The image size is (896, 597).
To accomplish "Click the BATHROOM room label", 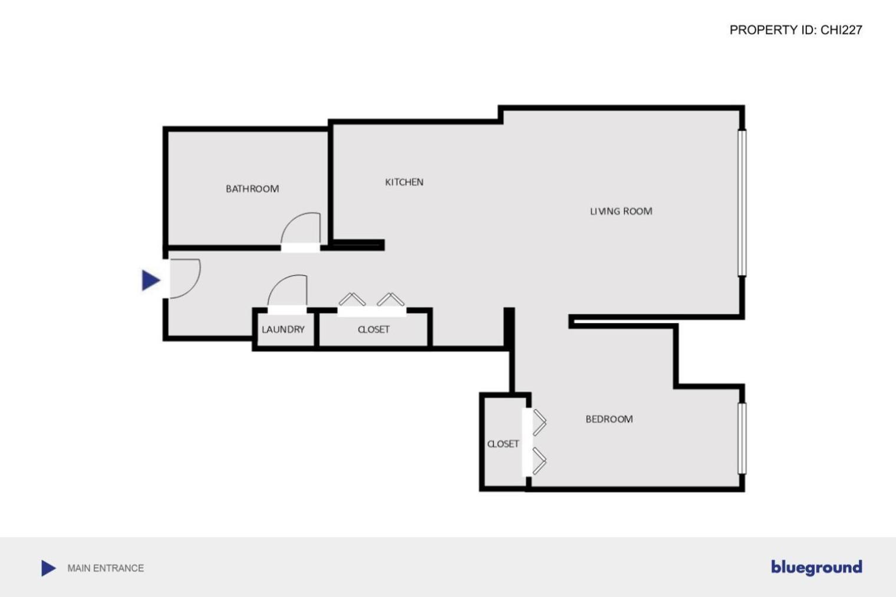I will click(x=252, y=189).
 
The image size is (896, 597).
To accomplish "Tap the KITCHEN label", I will click(x=404, y=182).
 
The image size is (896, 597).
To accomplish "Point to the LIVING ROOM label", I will click(x=621, y=211).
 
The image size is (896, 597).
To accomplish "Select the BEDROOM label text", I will click(x=609, y=419).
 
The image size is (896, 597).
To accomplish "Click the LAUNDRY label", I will click(x=283, y=329).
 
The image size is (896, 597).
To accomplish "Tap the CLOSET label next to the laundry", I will click(x=373, y=329).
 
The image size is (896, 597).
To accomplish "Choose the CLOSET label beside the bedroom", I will click(x=503, y=444).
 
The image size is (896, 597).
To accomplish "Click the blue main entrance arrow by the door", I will click(x=150, y=280).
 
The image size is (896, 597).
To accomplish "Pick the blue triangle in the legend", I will click(x=48, y=568).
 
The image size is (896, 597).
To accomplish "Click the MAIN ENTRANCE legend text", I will click(x=106, y=568).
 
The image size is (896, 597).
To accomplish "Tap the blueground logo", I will click(x=816, y=567).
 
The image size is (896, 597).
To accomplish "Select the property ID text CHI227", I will click(x=841, y=30).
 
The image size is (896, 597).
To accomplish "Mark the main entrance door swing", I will click(x=186, y=278).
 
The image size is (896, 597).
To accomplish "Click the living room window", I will click(x=742, y=203).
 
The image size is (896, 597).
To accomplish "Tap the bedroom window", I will click(x=742, y=438).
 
